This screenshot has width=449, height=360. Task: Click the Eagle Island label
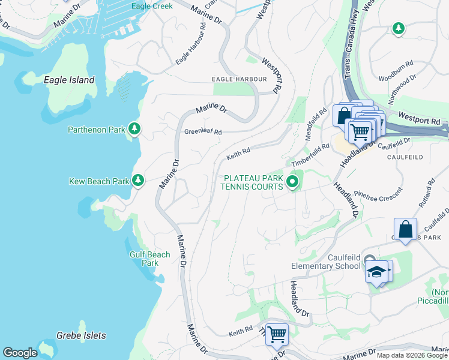click(x=69, y=80)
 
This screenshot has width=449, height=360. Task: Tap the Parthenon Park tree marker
click(x=136, y=128)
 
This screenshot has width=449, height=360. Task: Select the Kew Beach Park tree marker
click(x=138, y=180)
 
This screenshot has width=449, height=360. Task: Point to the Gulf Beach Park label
click(x=150, y=259)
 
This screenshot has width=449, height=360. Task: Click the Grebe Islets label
click(x=81, y=335)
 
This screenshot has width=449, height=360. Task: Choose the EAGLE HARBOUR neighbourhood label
click(x=238, y=79)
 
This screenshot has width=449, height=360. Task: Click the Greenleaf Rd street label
click(x=203, y=132)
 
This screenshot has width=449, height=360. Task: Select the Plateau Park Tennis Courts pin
click(x=292, y=181)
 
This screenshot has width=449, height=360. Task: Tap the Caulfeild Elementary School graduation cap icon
click(x=376, y=272)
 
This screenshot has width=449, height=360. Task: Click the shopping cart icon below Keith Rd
click(x=276, y=334)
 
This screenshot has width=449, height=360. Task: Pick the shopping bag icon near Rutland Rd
click(x=405, y=229)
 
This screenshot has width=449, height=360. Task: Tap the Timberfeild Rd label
click(x=310, y=155)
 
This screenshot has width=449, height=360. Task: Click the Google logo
click(x=20, y=353)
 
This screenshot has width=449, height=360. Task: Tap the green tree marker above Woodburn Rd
click(x=398, y=28)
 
